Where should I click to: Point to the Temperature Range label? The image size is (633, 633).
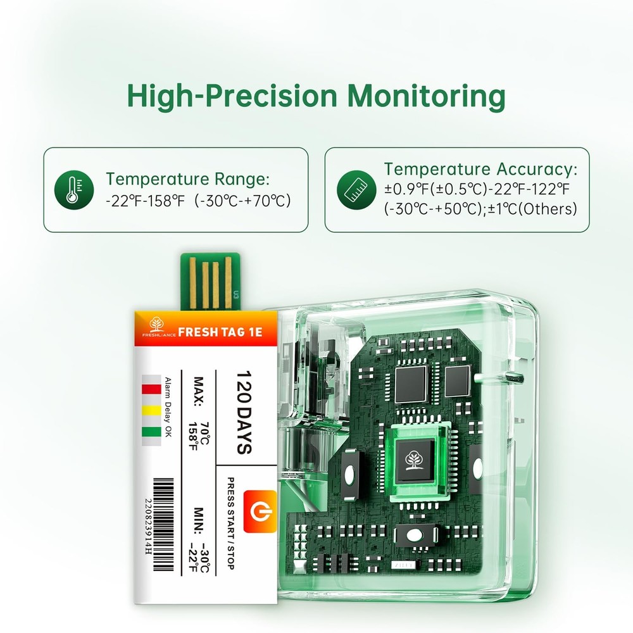(x=187, y=179)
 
